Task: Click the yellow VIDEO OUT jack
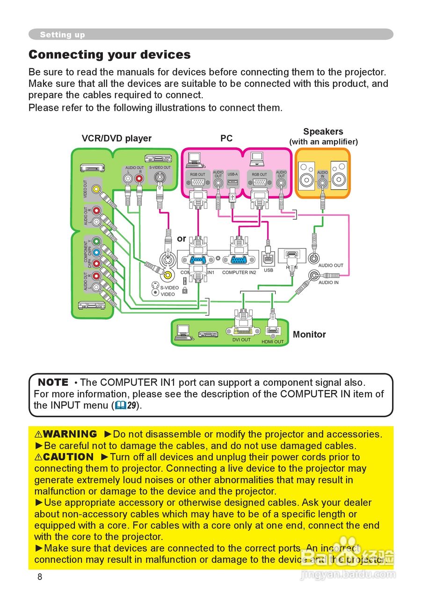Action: tap(96, 189)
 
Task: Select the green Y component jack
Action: tap(96, 242)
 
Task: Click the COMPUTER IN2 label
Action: tap(239, 272)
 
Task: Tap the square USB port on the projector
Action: tap(269, 258)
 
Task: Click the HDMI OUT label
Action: tap(272, 342)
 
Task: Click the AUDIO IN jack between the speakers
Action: tap(322, 182)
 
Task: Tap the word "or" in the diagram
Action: tap(182, 239)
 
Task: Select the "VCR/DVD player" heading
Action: tap(116, 138)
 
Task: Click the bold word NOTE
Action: tap(53, 382)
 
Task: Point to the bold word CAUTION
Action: tap(68, 457)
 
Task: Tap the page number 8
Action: tap(40, 577)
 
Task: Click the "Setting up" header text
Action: tap(62, 35)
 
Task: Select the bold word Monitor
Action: tap(309, 335)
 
